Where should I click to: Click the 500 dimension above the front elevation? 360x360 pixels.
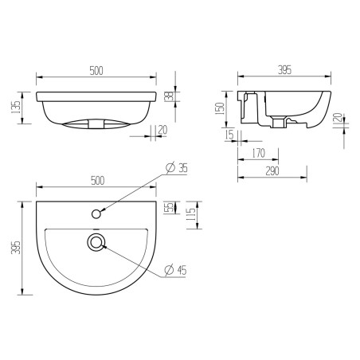click(97, 71)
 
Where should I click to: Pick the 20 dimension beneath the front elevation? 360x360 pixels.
click(163, 129)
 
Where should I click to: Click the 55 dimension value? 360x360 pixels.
click(168, 208)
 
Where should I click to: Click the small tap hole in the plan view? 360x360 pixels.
click(97, 213)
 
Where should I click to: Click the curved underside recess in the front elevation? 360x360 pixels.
click(97, 123)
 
